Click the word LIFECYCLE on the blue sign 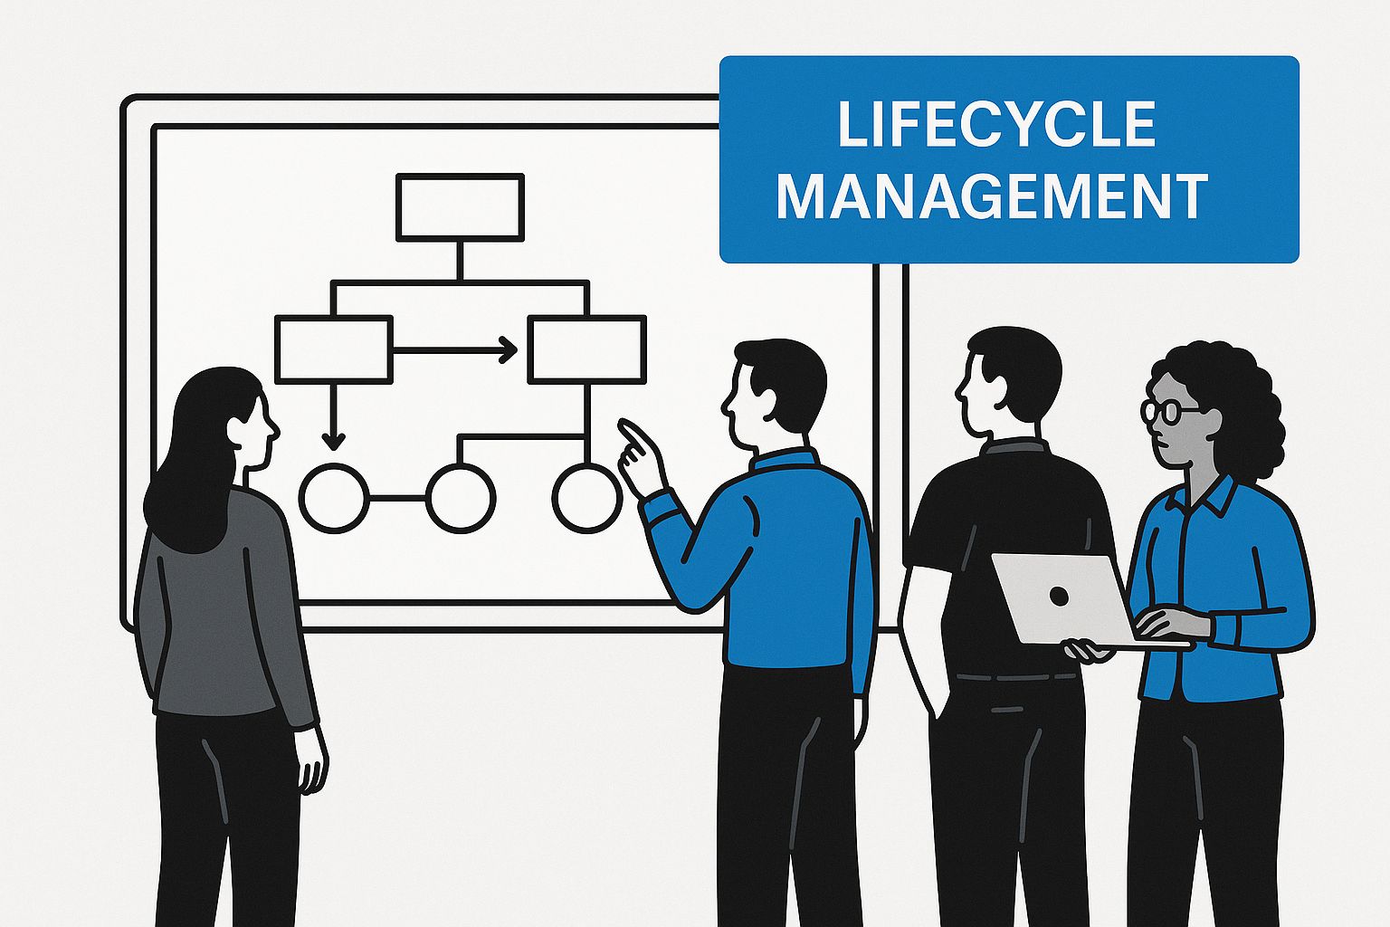(x=996, y=124)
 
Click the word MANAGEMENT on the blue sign (x=992, y=195)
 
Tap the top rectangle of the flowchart (x=460, y=207)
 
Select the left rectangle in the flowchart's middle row (x=333, y=349)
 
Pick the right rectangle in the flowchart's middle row (x=586, y=349)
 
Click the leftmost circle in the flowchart (x=334, y=498)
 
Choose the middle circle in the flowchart (x=461, y=498)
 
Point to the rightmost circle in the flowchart (x=586, y=498)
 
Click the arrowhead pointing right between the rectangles (x=509, y=349)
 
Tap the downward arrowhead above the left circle (x=334, y=442)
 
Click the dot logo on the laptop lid (x=1057, y=596)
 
